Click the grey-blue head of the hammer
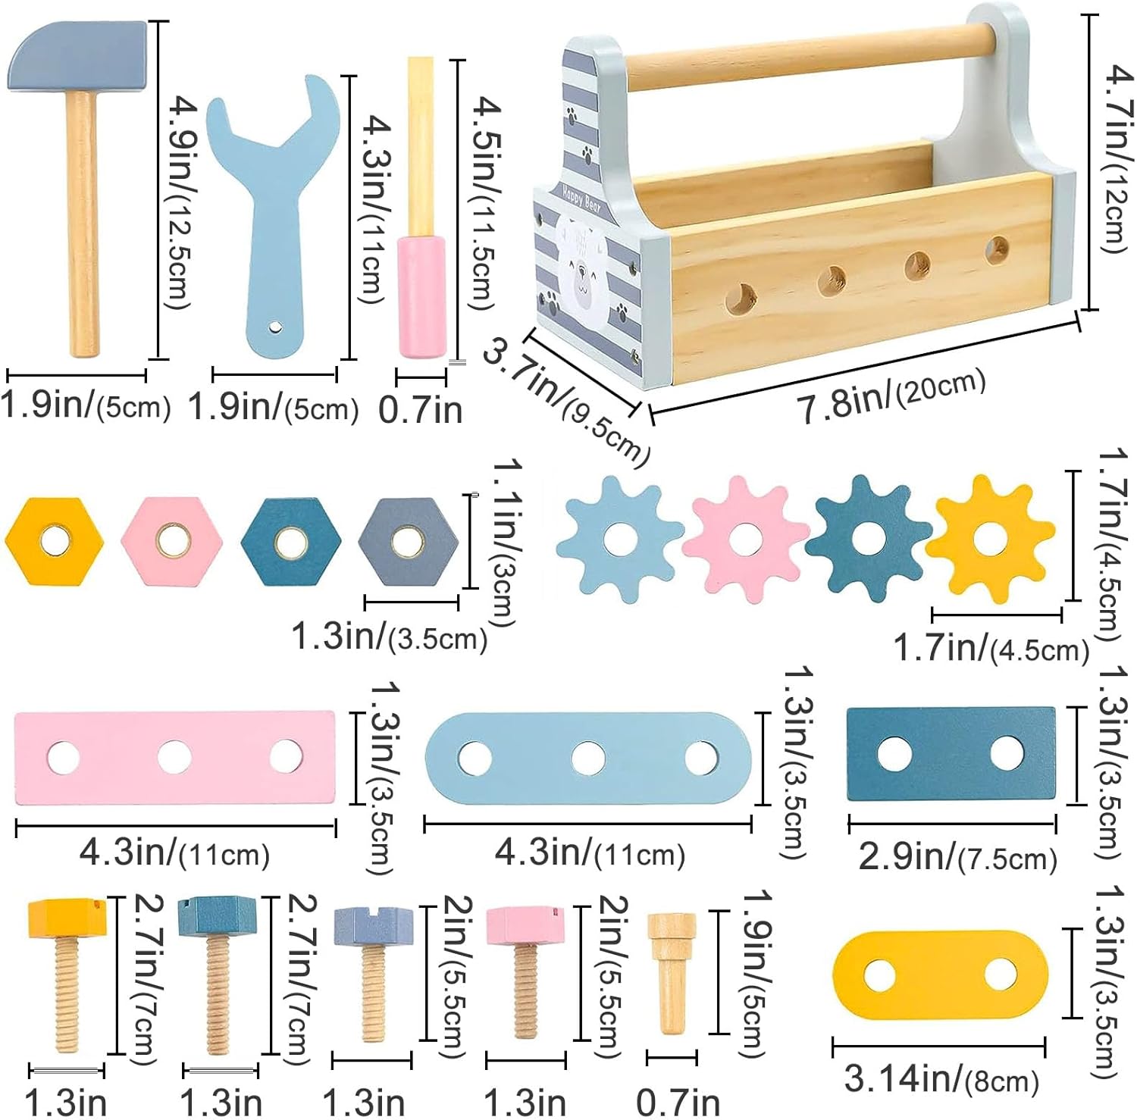coord(77,56)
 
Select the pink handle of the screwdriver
coord(422,296)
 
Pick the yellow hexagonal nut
coord(54,541)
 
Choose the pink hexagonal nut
coord(172,541)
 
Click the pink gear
coord(746,539)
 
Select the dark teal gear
coord(869,539)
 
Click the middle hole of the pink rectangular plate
coord(174,756)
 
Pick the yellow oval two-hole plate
coord(940,976)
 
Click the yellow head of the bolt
coord(66,917)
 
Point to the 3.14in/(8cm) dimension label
coord(941,1078)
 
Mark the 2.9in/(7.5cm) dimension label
coord(957,857)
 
